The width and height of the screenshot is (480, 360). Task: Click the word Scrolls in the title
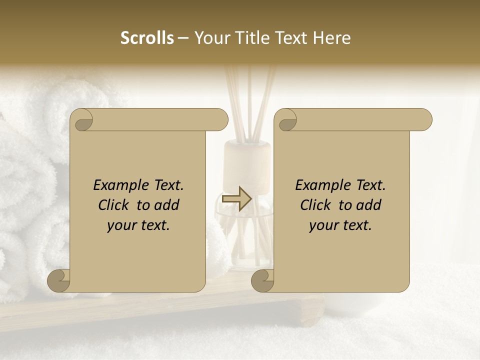(x=147, y=38)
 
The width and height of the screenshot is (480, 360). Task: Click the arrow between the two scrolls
(x=236, y=199)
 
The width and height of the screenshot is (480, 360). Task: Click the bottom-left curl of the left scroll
(x=59, y=281)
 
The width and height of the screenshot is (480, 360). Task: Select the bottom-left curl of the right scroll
(x=263, y=281)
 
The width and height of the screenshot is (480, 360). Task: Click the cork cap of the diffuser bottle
(x=247, y=155)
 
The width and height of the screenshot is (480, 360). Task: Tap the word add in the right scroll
(x=369, y=205)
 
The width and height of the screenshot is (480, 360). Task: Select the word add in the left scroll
(x=167, y=205)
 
